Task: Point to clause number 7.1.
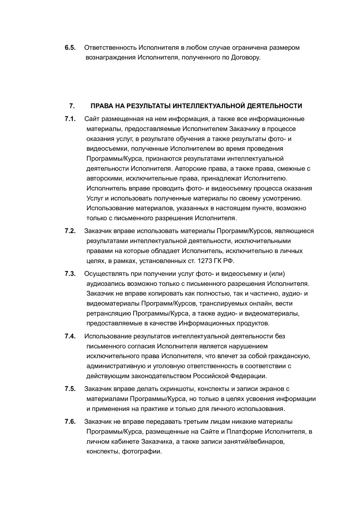tap(70, 119)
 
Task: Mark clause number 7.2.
tap(70, 231)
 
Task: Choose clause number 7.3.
tap(70, 274)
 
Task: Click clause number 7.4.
tap(70, 336)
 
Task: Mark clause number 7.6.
tap(70, 422)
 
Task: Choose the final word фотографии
tap(142, 451)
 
